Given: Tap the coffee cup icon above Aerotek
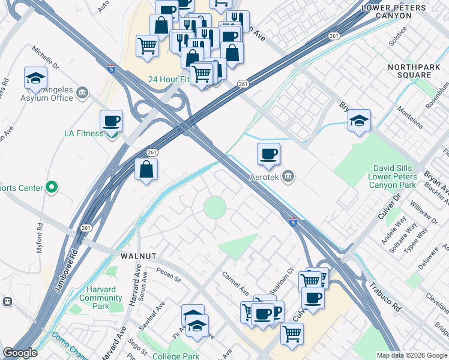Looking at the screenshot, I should (x=269, y=154).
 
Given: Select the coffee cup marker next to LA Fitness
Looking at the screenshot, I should (x=112, y=121).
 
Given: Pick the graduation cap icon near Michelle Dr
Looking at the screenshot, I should (x=36, y=78).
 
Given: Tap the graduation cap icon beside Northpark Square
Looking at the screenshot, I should (x=359, y=120).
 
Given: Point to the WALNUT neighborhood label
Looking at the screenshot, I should (x=138, y=256).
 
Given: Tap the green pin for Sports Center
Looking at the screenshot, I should (x=52, y=188).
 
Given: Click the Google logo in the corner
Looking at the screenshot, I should (x=20, y=353).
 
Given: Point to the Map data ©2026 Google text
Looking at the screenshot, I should (x=412, y=355).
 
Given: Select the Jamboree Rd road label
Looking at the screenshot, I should (x=65, y=274).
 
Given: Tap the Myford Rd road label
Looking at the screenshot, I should (x=41, y=238).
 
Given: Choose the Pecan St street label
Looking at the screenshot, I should (x=169, y=278).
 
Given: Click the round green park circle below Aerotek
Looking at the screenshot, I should (x=214, y=208).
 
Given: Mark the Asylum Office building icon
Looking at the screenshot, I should (x=82, y=92).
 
